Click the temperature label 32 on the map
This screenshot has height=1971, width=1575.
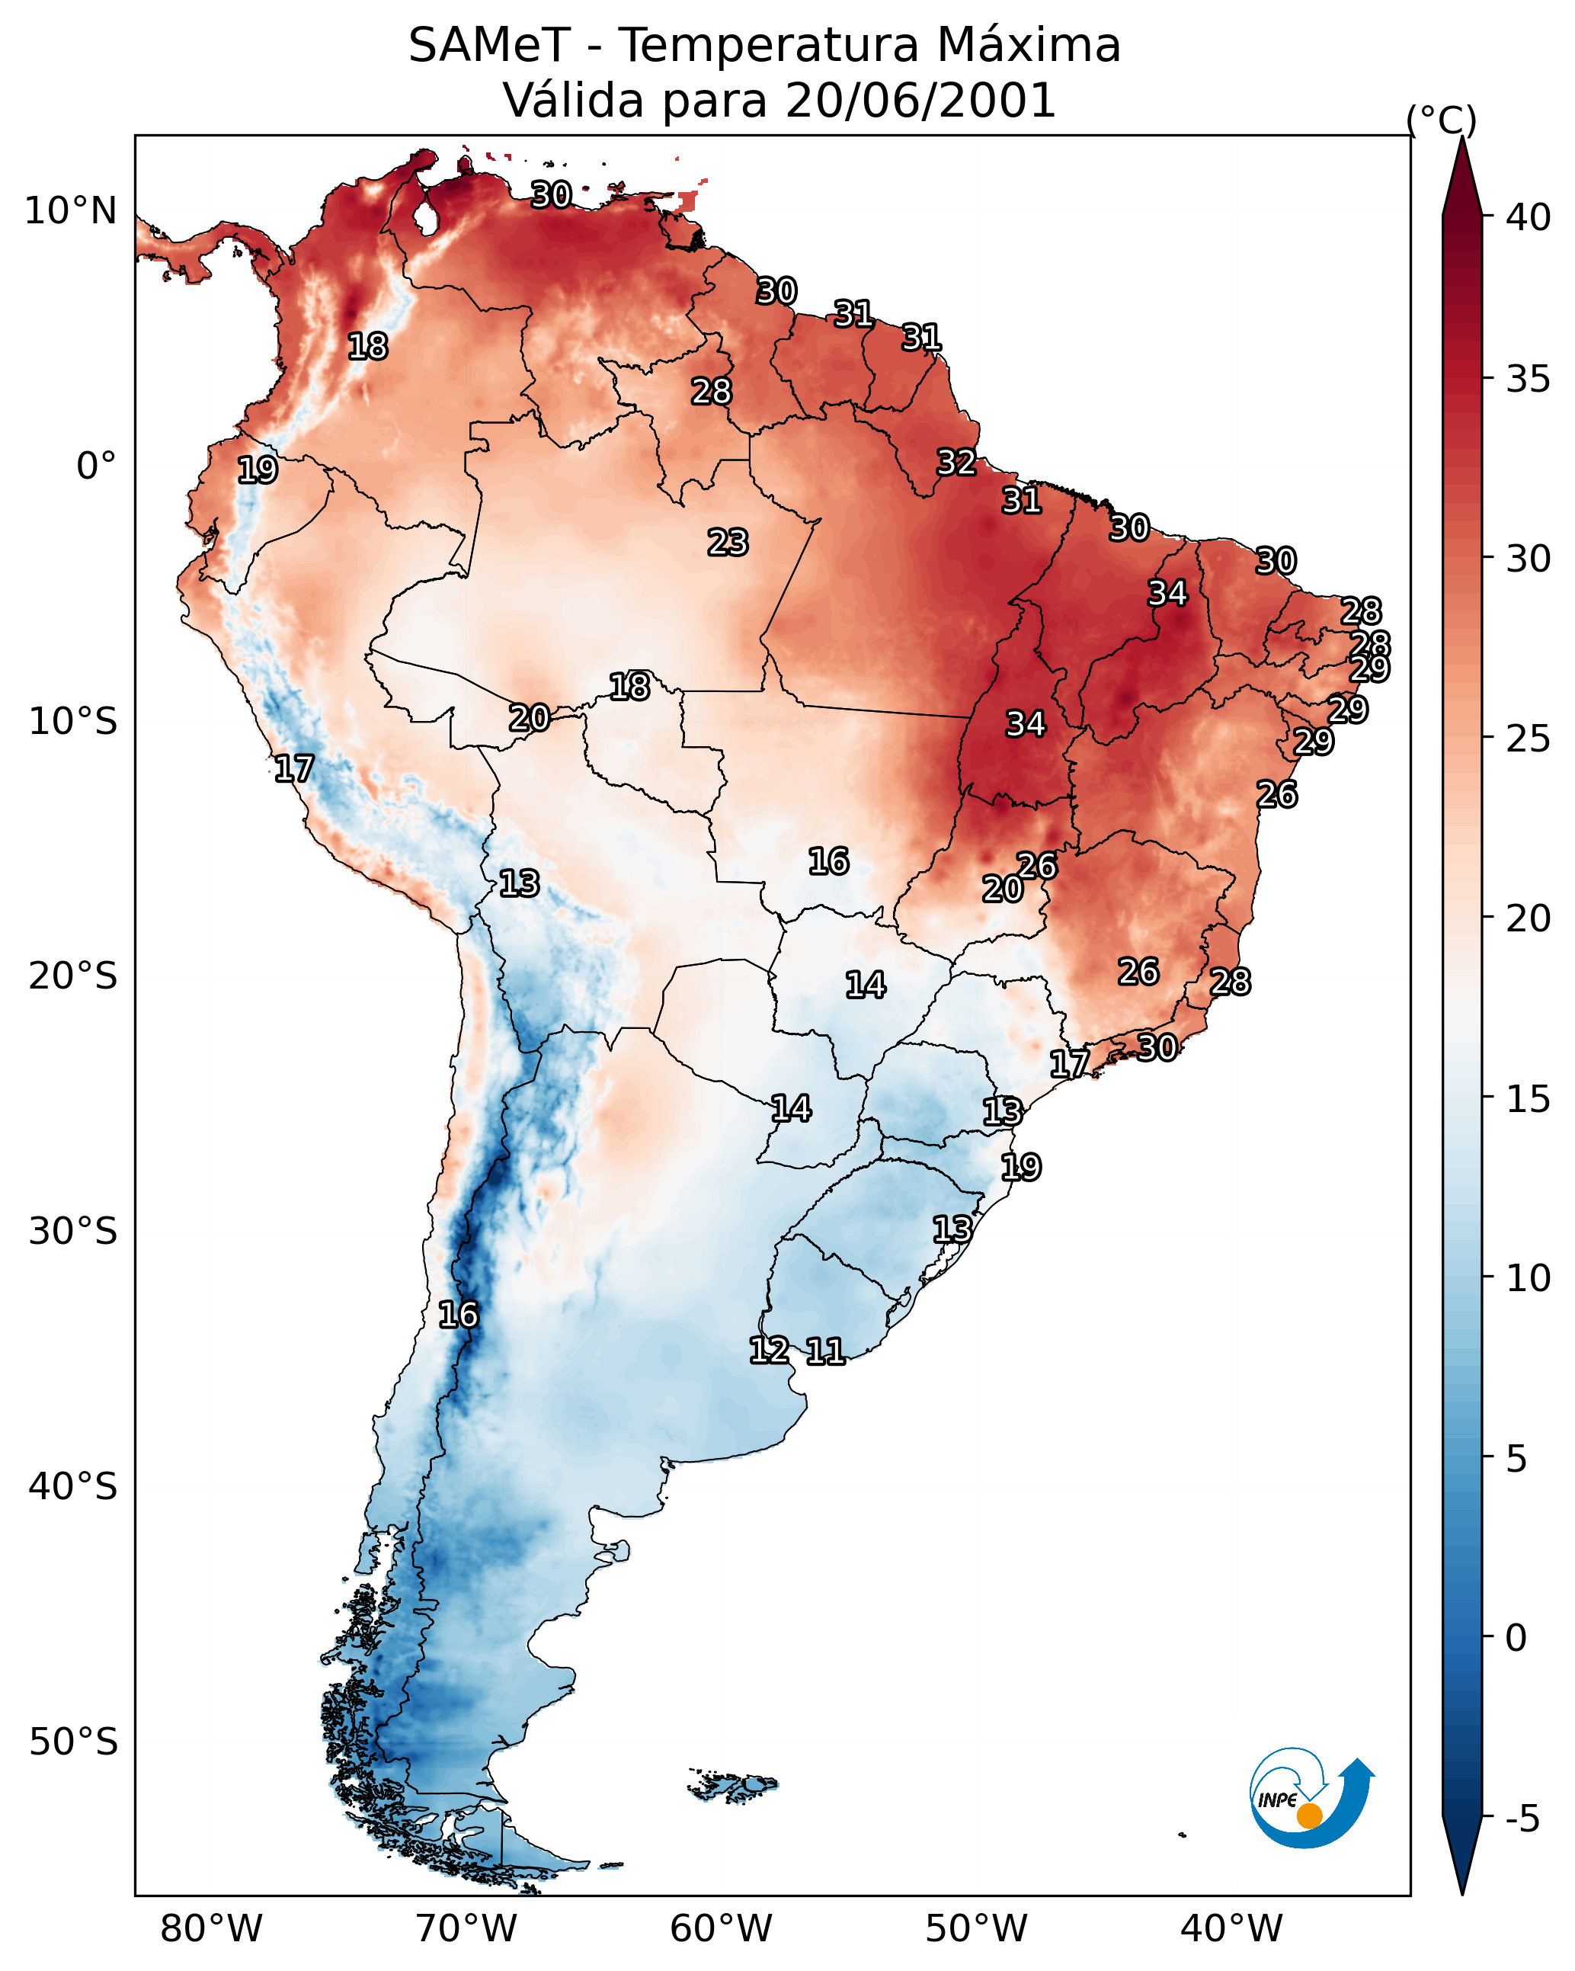(x=956, y=463)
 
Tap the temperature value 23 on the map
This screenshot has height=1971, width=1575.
(x=728, y=542)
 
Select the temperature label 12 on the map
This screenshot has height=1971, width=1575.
(x=769, y=1351)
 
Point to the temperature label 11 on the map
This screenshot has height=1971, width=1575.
(x=824, y=1351)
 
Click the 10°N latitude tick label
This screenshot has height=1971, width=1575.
(x=70, y=211)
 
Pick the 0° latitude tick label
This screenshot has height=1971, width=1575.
(x=96, y=466)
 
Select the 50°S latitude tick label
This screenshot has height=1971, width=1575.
(x=73, y=1742)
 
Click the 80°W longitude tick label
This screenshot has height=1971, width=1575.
(x=211, y=1929)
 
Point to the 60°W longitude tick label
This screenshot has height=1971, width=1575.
(x=722, y=1929)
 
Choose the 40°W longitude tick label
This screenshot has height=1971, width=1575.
(x=1231, y=1929)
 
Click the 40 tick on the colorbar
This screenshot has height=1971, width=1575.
(x=1528, y=217)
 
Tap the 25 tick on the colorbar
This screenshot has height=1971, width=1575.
(x=1528, y=738)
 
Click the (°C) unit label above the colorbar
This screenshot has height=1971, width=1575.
(x=1442, y=120)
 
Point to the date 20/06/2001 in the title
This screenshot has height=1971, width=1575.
(x=920, y=100)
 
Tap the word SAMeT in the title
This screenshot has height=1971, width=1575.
(x=489, y=45)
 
